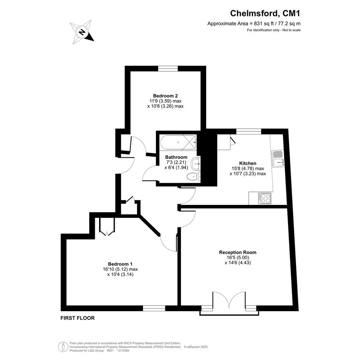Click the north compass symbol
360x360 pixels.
(82, 32)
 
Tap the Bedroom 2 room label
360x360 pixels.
(165, 96)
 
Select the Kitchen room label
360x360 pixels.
(248, 163)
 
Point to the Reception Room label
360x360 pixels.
(238, 252)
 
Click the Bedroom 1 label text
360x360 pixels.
(120, 264)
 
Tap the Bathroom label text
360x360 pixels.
(176, 157)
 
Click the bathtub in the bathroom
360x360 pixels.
(178, 142)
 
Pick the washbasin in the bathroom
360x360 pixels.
(196, 164)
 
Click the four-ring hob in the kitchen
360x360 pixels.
(265, 198)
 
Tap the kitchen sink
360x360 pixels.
(278, 158)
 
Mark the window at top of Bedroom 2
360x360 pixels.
(168, 69)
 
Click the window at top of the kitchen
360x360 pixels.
(249, 131)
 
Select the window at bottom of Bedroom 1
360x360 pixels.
(154, 308)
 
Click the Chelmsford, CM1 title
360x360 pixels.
(265, 13)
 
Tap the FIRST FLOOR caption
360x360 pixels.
(78, 318)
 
